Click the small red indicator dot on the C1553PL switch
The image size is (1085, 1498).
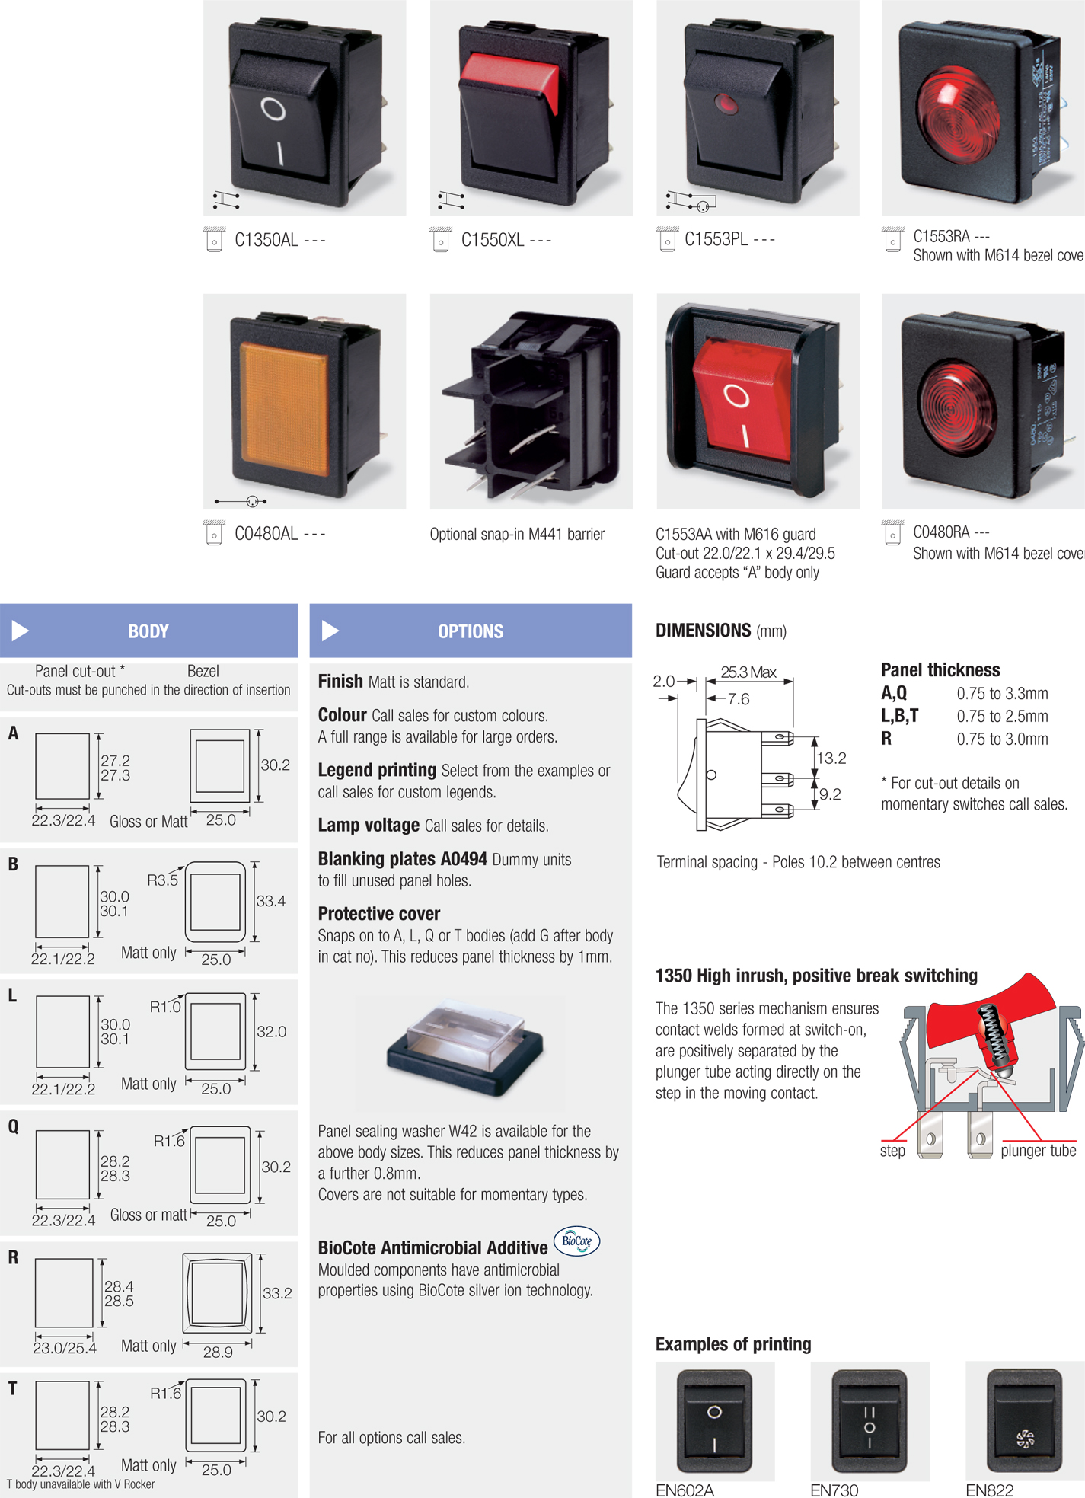[x=726, y=104]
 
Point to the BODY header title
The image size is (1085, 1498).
[x=148, y=631]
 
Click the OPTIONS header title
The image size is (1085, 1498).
[x=471, y=631]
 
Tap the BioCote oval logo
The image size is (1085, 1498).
[x=576, y=1241]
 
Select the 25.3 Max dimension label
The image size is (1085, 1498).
[x=748, y=672]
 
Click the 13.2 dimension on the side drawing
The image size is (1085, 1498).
[x=831, y=759]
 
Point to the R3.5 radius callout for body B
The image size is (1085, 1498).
[x=162, y=880]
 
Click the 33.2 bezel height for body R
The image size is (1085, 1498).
[x=277, y=1293]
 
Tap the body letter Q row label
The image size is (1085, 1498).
[x=13, y=1126]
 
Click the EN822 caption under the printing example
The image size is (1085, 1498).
[x=989, y=1490]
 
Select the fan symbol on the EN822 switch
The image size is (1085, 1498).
[x=1025, y=1439]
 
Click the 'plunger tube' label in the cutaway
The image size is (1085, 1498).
[x=1038, y=1151]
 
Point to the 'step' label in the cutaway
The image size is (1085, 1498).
[x=892, y=1151]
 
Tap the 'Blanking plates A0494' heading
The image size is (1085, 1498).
[x=402, y=859]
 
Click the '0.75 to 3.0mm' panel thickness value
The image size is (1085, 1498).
[x=1002, y=739]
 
